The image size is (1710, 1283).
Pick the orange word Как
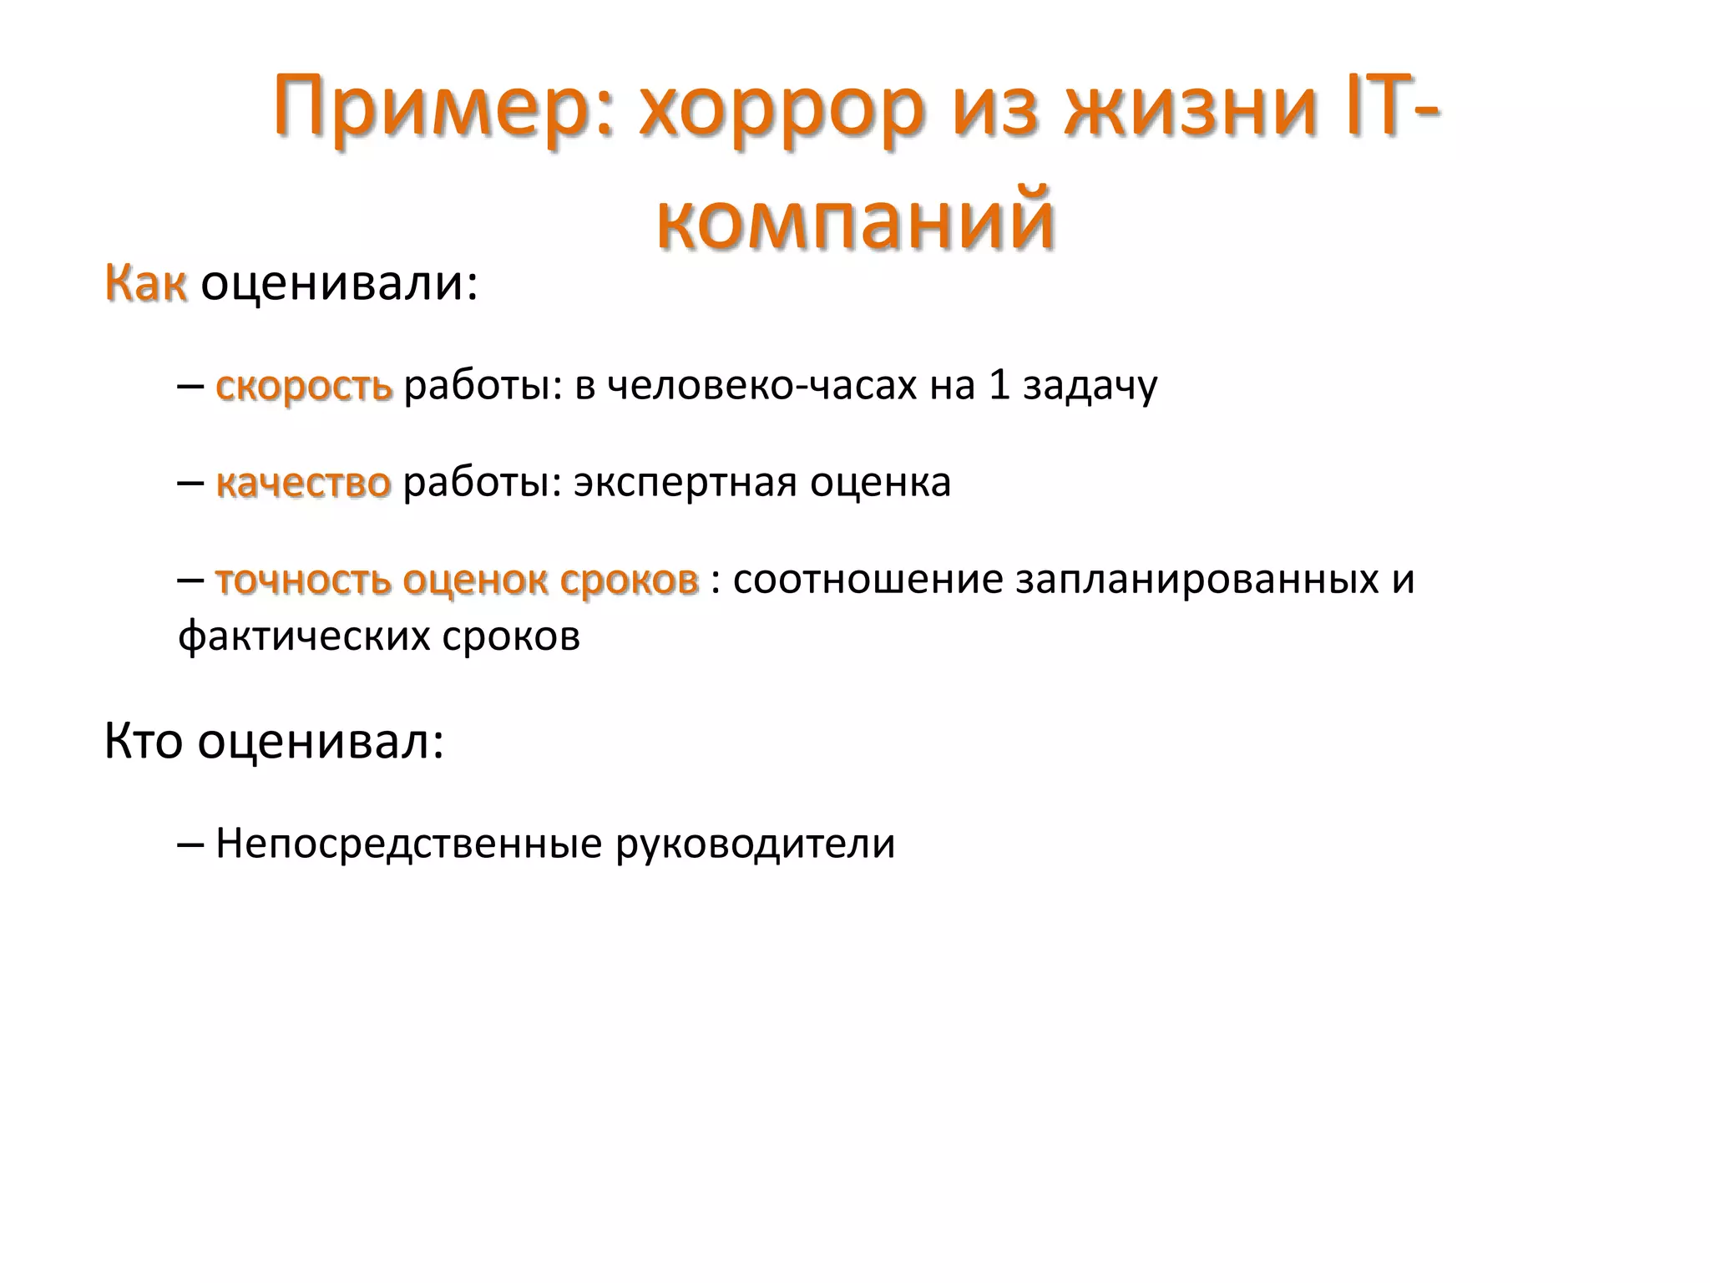(x=145, y=283)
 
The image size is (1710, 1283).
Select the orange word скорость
(x=304, y=386)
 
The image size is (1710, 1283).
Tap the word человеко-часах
(x=761, y=386)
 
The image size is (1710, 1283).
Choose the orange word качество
(x=303, y=483)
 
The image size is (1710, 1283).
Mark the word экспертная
(x=686, y=483)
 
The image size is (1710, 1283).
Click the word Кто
(x=143, y=741)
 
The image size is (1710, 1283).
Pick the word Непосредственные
(x=408, y=844)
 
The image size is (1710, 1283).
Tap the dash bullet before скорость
(x=190, y=388)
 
